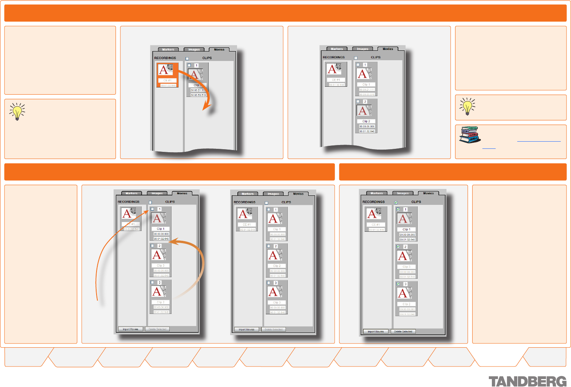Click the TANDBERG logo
point(527,381)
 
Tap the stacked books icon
point(470,135)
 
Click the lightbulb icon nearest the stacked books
point(467,106)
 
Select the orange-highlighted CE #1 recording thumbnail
point(167,75)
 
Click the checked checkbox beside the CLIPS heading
point(396,203)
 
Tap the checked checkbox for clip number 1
point(398,209)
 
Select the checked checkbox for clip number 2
point(398,247)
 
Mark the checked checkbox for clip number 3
point(398,284)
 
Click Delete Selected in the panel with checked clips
point(403,332)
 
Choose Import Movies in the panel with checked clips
point(376,332)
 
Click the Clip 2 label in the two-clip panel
point(366,122)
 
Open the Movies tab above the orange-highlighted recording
point(219,50)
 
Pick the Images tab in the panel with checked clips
point(403,193)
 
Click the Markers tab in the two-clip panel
point(337,49)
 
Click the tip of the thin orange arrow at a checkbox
point(148,211)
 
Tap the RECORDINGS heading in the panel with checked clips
point(373,202)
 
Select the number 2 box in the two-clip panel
point(365,101)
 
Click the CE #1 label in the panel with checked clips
point(376,225)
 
